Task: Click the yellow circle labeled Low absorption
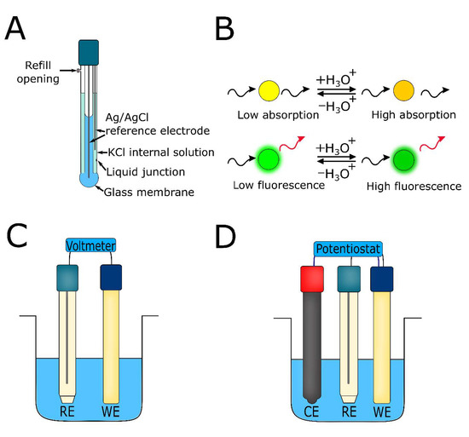[270, 89]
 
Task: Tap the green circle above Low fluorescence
[269, 159]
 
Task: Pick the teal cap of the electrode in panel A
[88, 50]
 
